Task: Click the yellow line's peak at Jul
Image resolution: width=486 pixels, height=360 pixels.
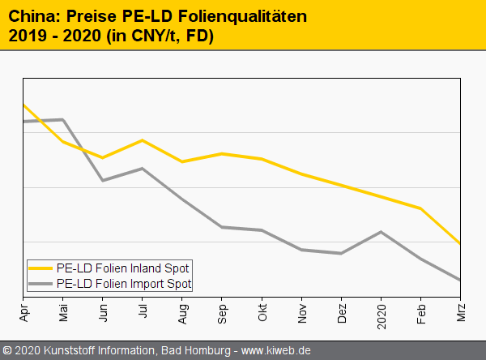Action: pos(143,140)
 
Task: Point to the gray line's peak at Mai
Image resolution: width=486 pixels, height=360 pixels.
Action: pos(63,119)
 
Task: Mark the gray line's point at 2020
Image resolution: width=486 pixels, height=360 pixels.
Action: pos(382,231)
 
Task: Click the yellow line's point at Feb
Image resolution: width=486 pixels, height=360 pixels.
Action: pos(420,208)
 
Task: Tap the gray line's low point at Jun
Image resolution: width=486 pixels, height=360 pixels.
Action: pos(103,180)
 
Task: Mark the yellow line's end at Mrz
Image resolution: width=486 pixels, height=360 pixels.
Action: pos(460,243)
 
